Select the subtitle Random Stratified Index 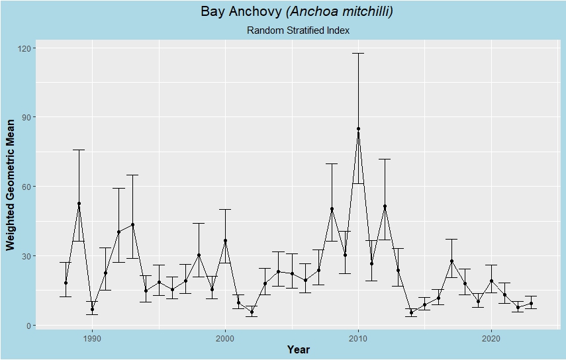pyautogui.click(x=298, y=30)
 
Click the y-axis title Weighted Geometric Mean pyautogui.click(x=11, y=185)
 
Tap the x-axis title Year pyautogui.click(x=298, y=349)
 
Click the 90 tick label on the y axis pyautogui.click(x=28, y=117)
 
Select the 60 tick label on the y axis pyautogui.click(x=28, y=187)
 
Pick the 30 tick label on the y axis pyautogui.click(x=28, y=256)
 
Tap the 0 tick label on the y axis pyautogui.click(x=30, y=326)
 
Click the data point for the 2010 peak pyautogui.click(x=358, y=128)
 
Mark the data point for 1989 pyautogui.click(x=79, y=204)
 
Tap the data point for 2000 pyautogui.click(x=225, y=241)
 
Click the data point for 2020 pyautogui.click(x=491, y=281)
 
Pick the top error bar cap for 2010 pyautogui.click(x=358, y=53)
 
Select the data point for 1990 pyautogui.click(x=92, y=309)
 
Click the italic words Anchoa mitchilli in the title pyautogui.click(x=340, y=12)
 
